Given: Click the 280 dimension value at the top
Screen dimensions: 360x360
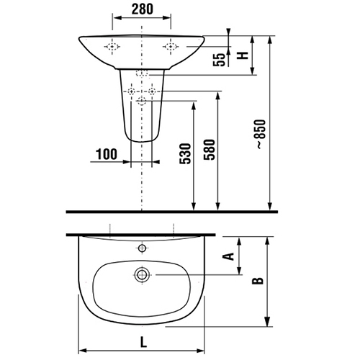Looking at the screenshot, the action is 142,9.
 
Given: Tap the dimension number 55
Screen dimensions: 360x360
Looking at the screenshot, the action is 220,60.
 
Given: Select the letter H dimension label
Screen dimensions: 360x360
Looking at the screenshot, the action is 243,55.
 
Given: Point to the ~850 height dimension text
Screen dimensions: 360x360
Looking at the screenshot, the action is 260,134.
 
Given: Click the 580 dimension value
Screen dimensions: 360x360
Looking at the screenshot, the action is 210,149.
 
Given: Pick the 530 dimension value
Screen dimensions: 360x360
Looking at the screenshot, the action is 185,153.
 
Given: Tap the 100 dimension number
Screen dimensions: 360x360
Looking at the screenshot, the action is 107,154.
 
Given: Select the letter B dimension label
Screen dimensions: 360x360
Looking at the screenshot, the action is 258,281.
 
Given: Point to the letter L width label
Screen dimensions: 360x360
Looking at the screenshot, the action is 143,342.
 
